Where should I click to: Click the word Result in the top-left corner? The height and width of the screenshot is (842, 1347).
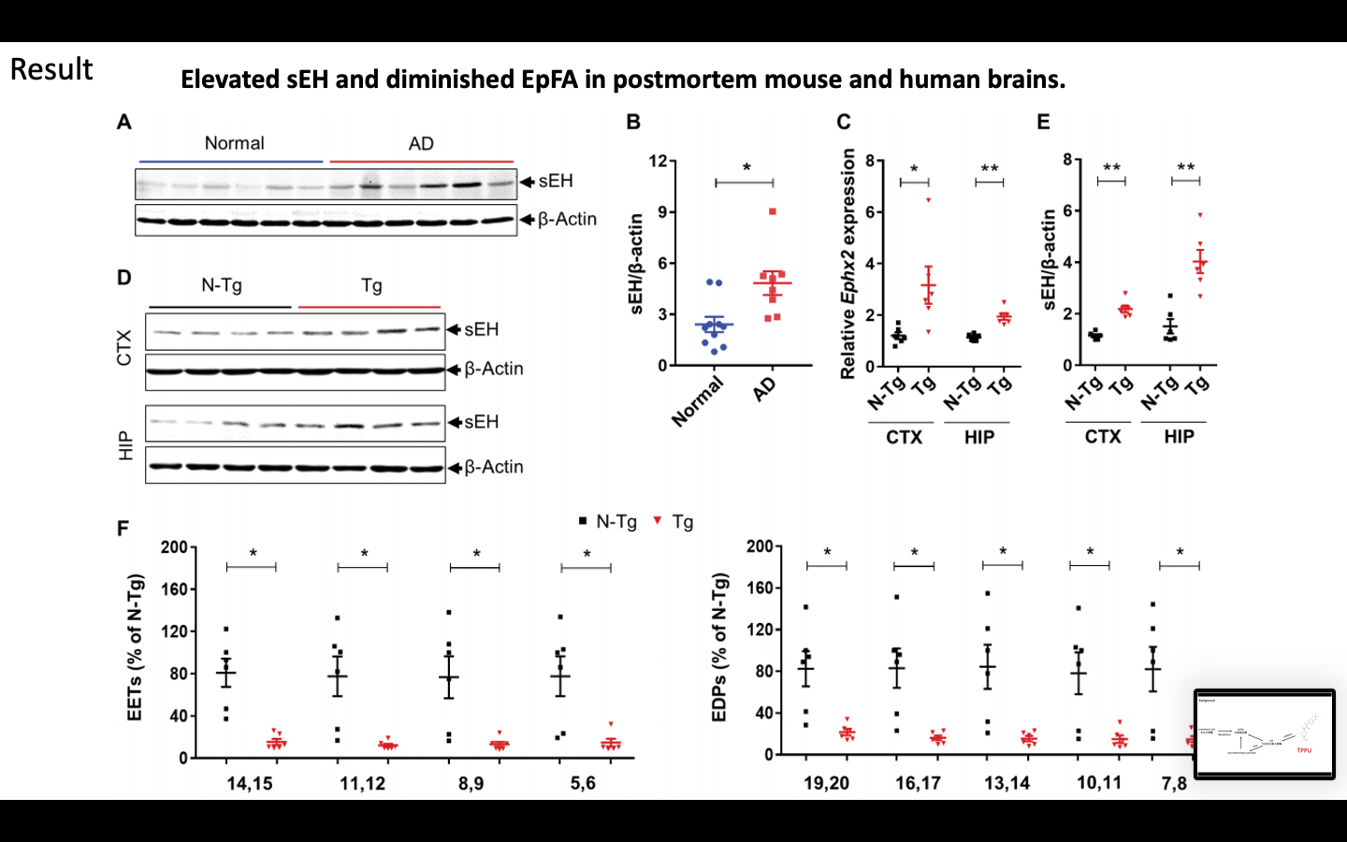pos(51,69)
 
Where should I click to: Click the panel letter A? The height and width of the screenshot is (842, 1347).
pos(124,123)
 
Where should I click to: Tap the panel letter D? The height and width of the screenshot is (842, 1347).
pos(124,278)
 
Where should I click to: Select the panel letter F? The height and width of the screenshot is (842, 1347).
pos(123,529)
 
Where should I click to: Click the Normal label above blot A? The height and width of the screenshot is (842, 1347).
pos(234,143)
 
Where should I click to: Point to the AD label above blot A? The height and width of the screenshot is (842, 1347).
pos(421,144)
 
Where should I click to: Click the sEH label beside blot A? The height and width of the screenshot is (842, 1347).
pos(555,181)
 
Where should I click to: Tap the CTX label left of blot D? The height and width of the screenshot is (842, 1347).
pos(124,347)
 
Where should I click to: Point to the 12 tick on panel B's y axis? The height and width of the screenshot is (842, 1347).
pos(658,161)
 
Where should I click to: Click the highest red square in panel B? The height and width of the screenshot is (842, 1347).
pos(773,212)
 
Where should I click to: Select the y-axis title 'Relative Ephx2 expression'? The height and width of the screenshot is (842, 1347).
pos(848,264)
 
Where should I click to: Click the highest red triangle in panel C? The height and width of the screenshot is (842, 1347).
pos(929,200)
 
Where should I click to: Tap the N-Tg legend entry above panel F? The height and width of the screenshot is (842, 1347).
pos(608,522)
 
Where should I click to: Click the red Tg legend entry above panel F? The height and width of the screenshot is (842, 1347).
pos(674,522)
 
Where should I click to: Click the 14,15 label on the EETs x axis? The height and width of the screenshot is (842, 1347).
pos(250,783)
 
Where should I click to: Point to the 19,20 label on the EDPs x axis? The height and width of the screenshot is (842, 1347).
pos(826,782)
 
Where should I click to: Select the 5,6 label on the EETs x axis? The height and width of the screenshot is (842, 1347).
pos(583,782)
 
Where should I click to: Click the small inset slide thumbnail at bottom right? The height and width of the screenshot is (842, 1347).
pos(1264,733)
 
